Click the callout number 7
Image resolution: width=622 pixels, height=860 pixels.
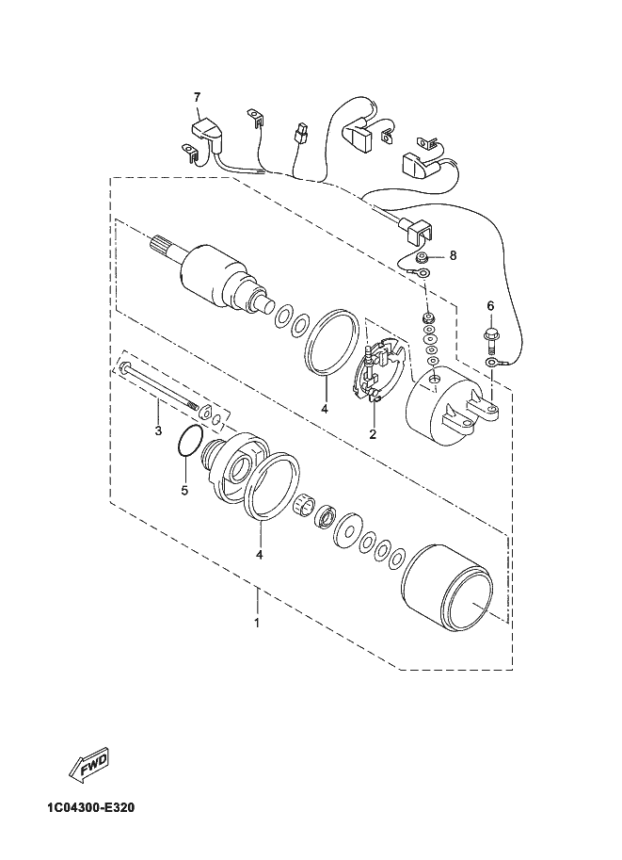(198, 97)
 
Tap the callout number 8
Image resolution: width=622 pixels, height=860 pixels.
(452, 254)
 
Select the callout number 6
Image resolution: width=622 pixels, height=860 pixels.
(489, 306)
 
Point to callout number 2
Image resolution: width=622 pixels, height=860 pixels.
(373, 434)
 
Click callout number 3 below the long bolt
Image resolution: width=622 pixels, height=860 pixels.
(158, 431)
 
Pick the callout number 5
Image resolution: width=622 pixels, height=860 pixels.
(184, 490)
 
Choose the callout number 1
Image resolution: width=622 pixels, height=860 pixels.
(256, 623)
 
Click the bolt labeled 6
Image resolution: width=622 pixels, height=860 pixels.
(489, 333)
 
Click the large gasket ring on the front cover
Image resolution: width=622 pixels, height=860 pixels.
(272, 485)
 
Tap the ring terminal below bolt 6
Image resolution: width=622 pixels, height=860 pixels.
(492, 362)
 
